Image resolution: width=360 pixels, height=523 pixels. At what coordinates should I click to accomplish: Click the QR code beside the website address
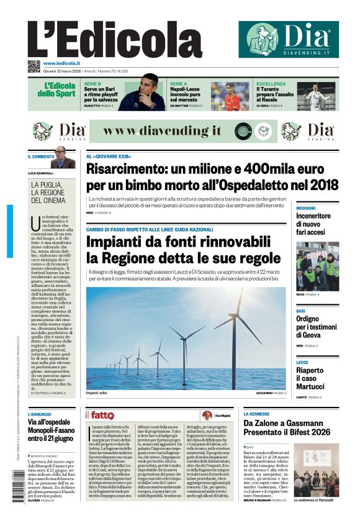tap(34, 66)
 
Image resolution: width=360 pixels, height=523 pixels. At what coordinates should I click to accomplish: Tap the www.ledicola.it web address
tap(61, 63)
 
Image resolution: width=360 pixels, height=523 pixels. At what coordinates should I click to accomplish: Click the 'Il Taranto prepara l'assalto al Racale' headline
tap(277, 94)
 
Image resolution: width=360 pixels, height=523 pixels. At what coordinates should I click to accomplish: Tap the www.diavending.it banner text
tap(162, 131)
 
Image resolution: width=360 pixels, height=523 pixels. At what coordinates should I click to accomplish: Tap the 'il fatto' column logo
tap(99, 415)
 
